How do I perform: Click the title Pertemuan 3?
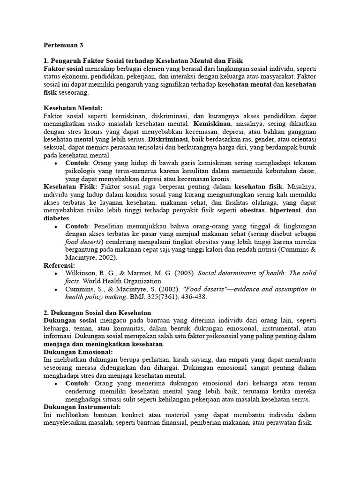tap(63, 45)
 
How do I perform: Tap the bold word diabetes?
tap(56, 218)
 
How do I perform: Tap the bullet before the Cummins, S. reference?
tap(56, 289)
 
